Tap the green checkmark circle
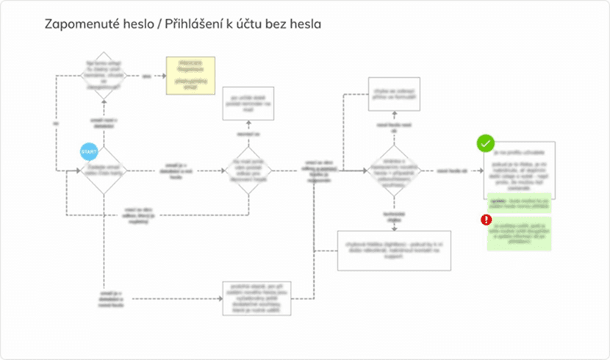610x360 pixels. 486,143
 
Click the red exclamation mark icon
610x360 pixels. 486,220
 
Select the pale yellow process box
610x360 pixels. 190,75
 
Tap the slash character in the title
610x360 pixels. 162,24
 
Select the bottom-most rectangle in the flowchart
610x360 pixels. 257,298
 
